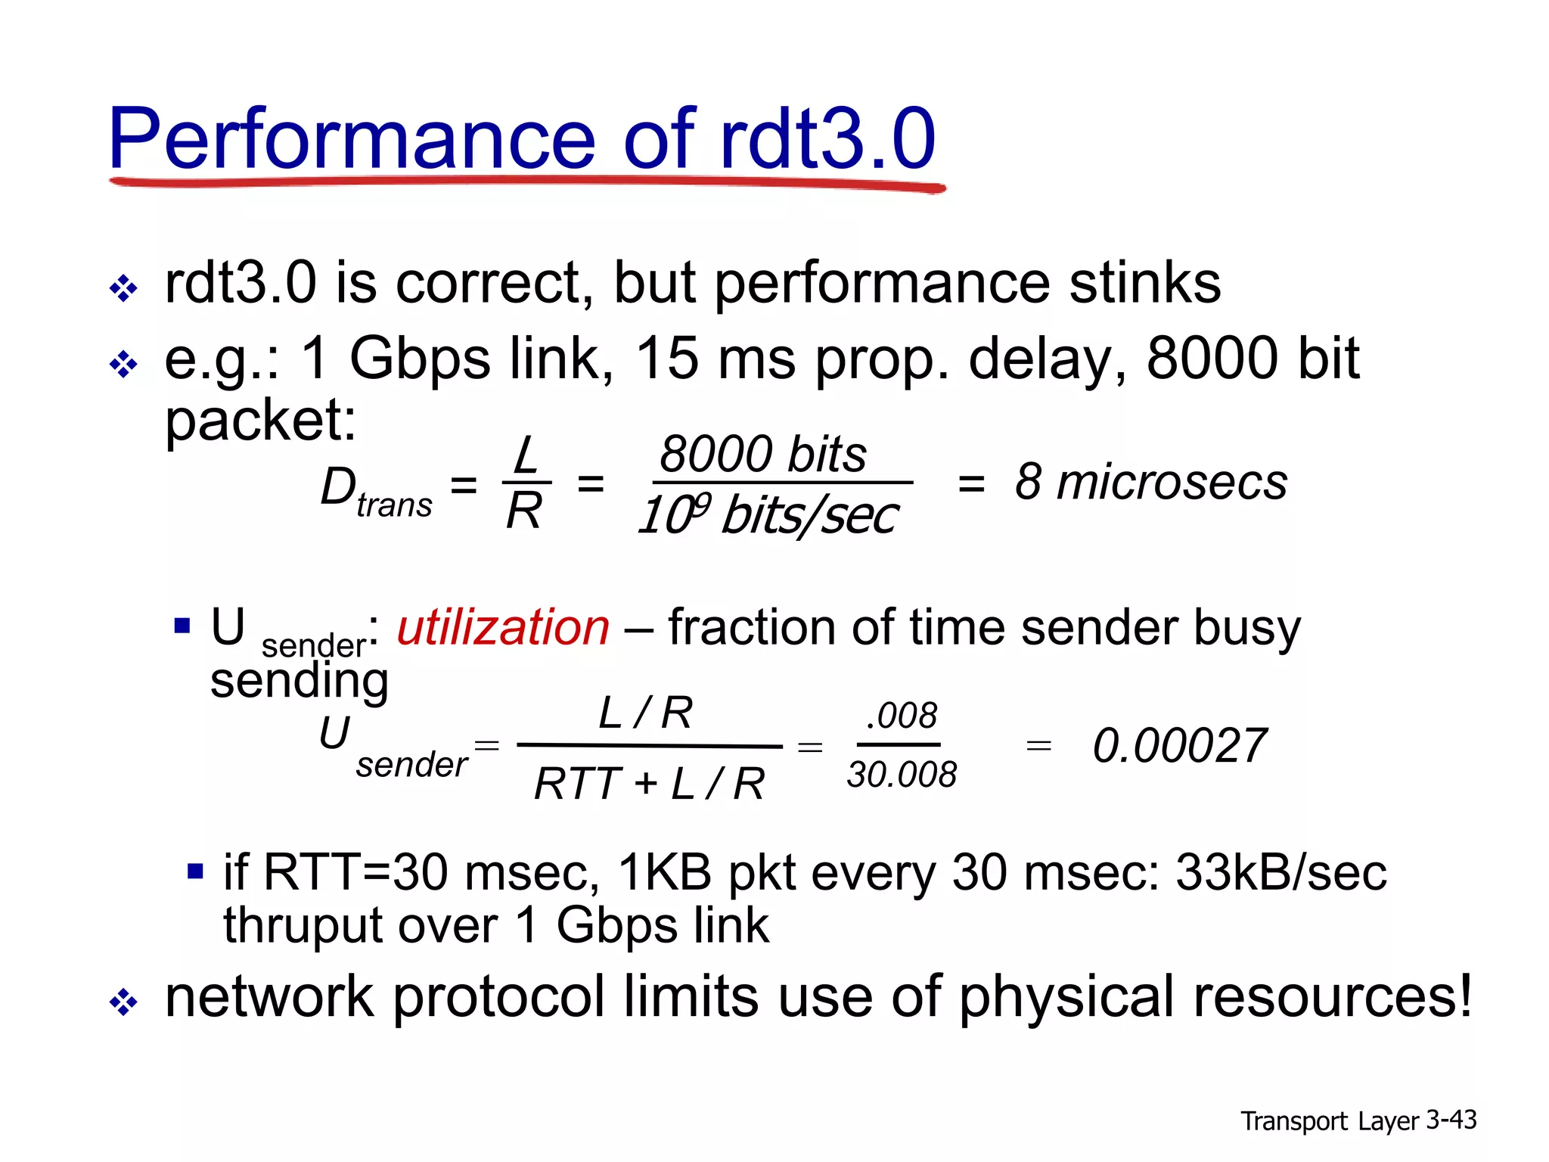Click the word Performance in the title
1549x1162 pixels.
[352, 139]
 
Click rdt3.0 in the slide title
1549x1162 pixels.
[827, 139]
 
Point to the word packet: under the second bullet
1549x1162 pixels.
[260, 421]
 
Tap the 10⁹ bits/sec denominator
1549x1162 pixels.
[768, 516]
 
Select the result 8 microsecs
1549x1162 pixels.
[1150, 482]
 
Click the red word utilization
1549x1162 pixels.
[503, 627]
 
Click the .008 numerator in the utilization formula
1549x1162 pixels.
[901, 716]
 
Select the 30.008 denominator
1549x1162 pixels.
[902, 775]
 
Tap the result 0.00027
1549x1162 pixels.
[1179, 746]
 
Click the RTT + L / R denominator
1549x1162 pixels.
[649, 784]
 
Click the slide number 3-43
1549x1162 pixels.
[1451, 1120]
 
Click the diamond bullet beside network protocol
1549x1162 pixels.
[123, 1003]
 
